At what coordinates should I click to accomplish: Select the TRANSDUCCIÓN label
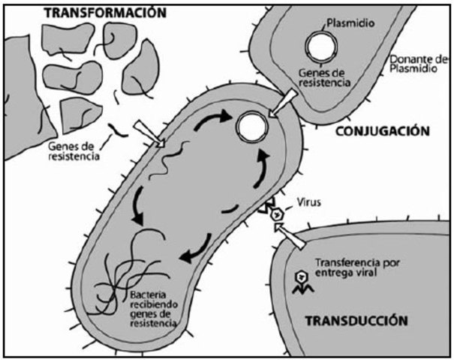pos(356,320)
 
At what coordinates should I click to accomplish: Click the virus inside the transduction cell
pos(302,279)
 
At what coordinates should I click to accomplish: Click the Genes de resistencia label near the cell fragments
pos(73,151)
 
